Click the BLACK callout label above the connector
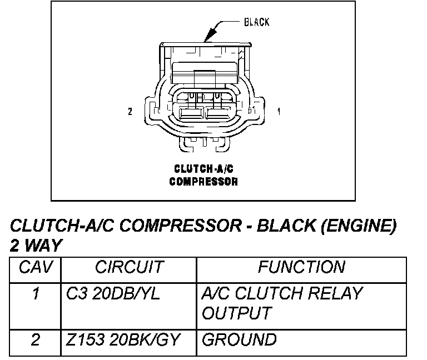(256, 22)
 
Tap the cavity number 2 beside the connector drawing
(130, 111)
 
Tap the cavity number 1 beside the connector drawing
(279, 111)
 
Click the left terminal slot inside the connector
(191, 113)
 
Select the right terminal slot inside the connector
(218, 113)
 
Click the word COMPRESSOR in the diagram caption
(203, 182)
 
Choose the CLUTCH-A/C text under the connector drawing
(203, 169)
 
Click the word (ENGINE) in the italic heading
(359, 226)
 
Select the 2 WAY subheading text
(36, 246)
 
